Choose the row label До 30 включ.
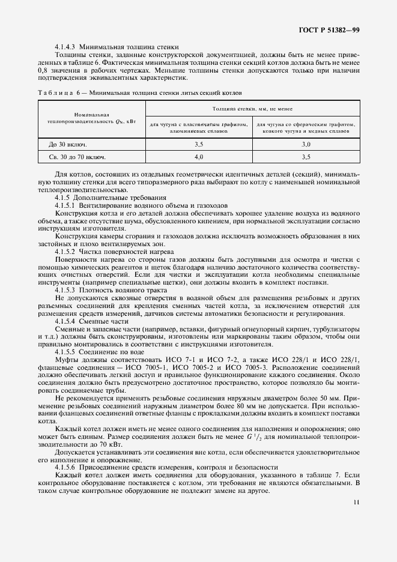click(67, 145)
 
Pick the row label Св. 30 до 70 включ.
click(77, 157)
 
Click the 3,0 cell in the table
click(306, 145)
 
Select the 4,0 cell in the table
click(199, 157)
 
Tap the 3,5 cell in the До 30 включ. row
click(199, 145)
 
